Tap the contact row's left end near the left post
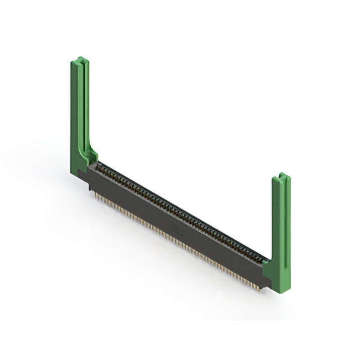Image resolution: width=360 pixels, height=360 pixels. [x=101, y=166]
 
